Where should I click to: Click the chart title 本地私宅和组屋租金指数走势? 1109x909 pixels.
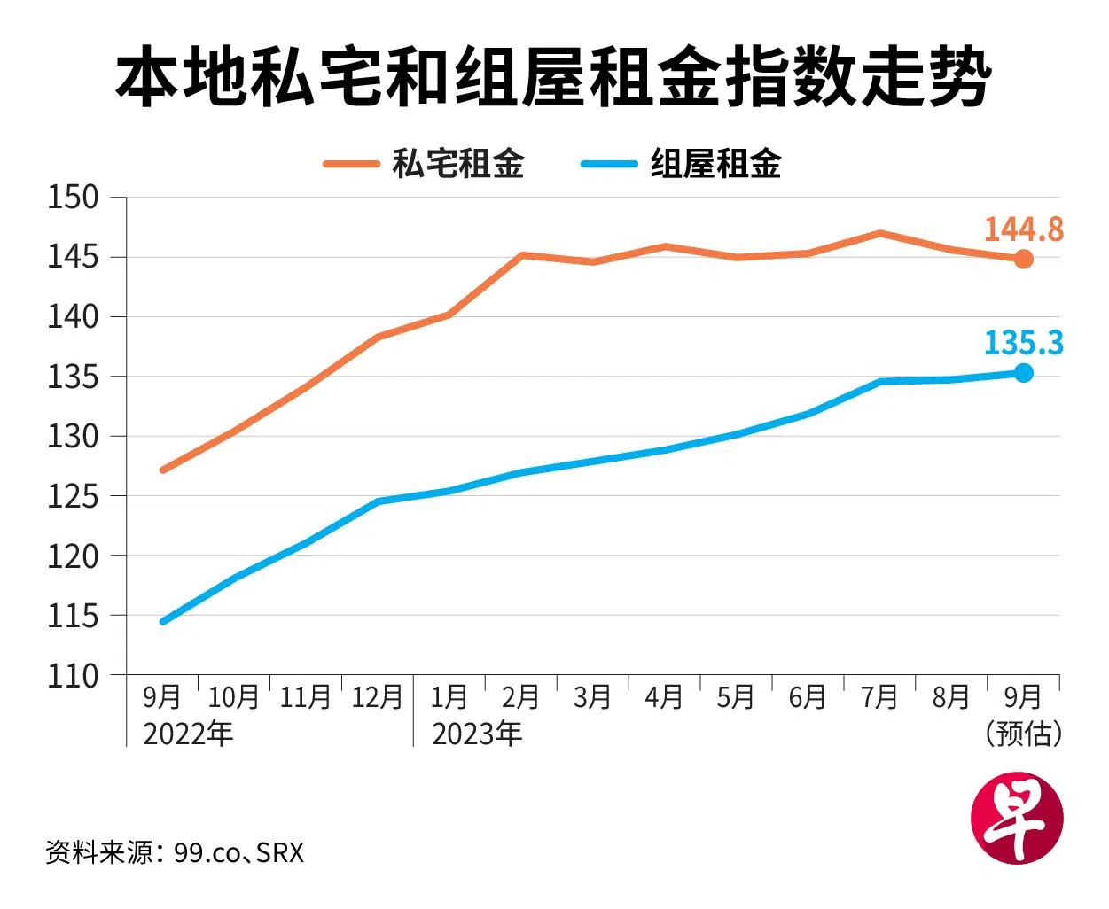tap(553, 78)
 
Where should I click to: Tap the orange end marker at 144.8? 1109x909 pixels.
tap(1023, 259)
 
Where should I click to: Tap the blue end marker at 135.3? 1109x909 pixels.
tap(1023, 373)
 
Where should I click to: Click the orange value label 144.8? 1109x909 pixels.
tap(1023, 229)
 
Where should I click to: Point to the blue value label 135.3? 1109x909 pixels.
tap(1023, 343)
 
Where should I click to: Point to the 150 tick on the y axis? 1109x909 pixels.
tap(73, 198)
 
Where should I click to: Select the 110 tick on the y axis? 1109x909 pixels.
tap(73, 676)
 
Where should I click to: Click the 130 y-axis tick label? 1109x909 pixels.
tap(73, 437)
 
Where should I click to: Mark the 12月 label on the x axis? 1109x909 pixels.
tap(378, 697)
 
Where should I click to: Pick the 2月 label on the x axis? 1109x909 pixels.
tap(520, 697)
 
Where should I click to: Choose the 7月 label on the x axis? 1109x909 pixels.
tap(879, 697)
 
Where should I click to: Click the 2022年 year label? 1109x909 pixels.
tap(188, 734)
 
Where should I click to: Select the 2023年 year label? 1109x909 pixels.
tap(477, 734)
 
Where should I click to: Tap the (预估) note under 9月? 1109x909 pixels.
tap(1023, 734)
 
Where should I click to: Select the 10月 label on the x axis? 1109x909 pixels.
tap(233, 697)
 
